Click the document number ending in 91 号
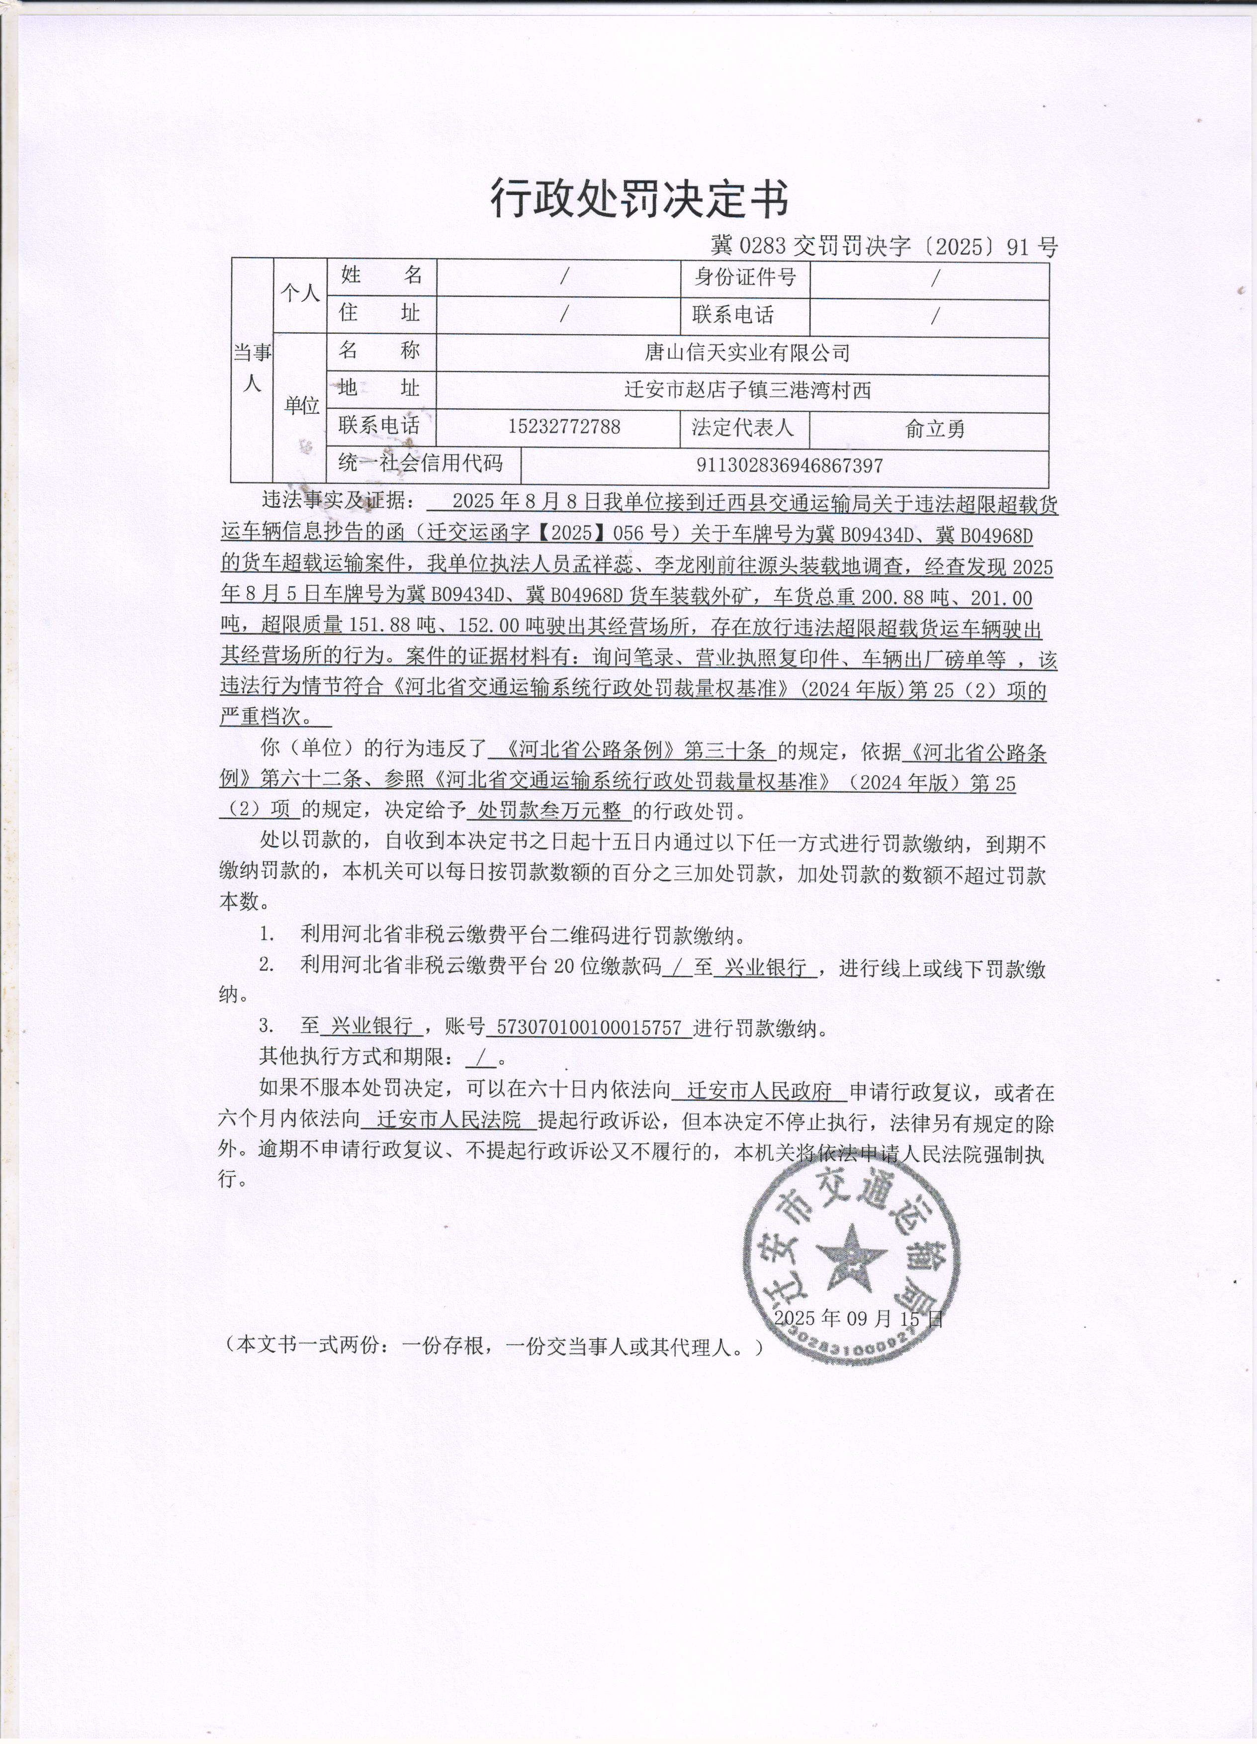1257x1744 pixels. click(884, 246)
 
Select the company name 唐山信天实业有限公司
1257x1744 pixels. click(746, 353)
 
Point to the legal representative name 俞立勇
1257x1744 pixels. click(934, 428)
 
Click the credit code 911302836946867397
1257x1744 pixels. click(789, 465)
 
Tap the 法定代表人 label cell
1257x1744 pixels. click(742, 428)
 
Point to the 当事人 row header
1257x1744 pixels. click(252, 367)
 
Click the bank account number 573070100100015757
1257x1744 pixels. click(590, 1027)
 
